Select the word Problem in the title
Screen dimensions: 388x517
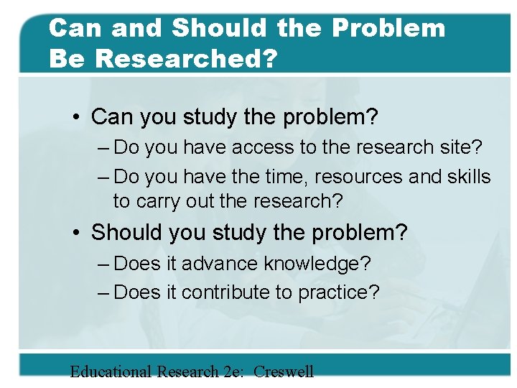tap(388, 29)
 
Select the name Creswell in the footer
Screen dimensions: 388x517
tap(284, 371)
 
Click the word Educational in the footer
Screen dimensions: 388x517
tap(111, 371)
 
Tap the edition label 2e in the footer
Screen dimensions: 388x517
tap(232, 371)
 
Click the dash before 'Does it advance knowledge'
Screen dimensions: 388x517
tap(102, 264)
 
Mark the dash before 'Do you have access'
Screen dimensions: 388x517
tap(102, 148)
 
